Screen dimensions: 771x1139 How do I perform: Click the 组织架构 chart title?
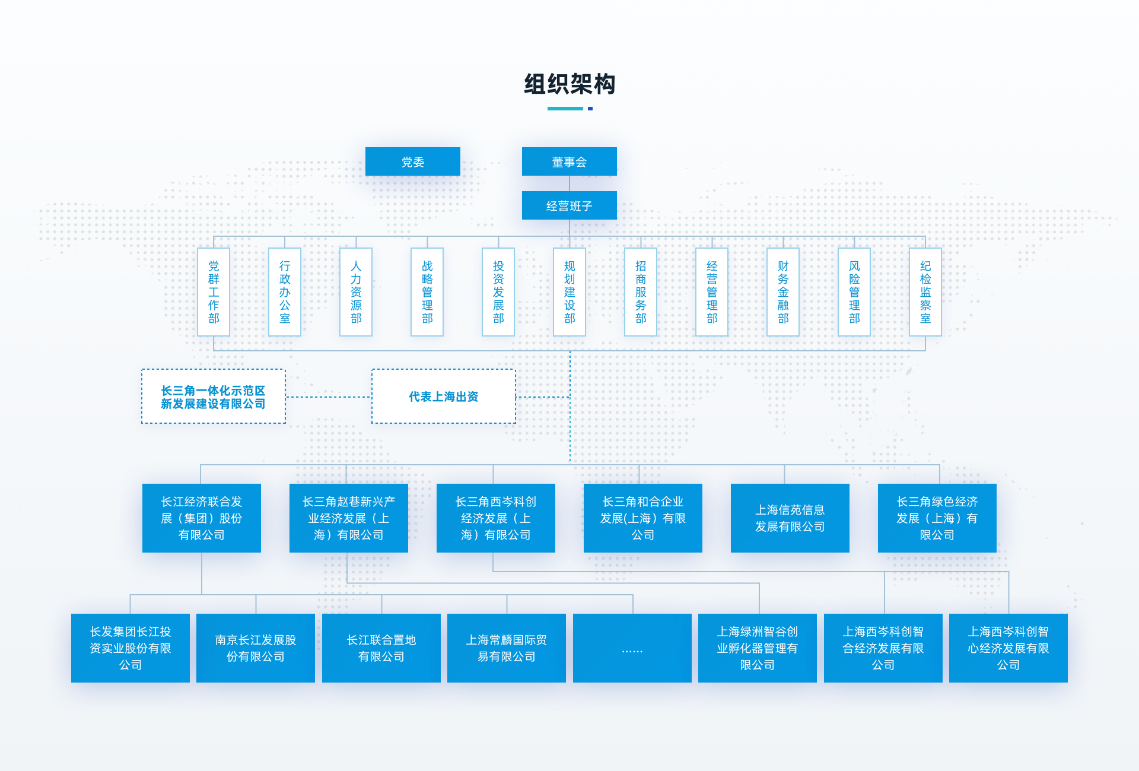coord(569,84)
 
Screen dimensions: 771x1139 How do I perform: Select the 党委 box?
coord(412,161)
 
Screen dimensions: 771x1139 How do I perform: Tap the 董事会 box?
coord(569,161)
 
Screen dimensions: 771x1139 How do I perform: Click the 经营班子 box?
coord(569,205)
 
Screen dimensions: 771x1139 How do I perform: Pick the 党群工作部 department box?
coord(214,291)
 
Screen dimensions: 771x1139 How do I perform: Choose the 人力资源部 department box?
coord(356,291)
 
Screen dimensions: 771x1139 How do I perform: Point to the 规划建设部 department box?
coord(569,291)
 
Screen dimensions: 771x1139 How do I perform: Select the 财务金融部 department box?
coord(783,291)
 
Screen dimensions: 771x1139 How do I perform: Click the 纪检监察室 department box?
coord(925,291)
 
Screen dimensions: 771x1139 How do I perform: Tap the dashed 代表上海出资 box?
coord(443,396)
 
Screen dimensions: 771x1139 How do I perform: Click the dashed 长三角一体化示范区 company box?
coord(213,396)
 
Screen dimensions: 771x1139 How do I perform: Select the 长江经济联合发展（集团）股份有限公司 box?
coord(202,518)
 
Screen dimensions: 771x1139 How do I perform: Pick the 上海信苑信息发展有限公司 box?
coord(790,518)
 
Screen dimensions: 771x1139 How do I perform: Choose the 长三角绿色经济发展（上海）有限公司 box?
coord(937,518)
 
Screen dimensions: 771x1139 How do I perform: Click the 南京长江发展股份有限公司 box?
coord(255,648)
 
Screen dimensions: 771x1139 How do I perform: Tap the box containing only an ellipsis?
coord(632,648)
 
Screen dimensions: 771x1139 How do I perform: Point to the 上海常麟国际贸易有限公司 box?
coord(506,648)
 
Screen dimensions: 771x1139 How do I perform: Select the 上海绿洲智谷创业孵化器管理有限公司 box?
coord(757,648)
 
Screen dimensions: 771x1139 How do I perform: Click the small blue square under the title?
coord(590,109)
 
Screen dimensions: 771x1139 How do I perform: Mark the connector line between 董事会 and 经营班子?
coord(569,183)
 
